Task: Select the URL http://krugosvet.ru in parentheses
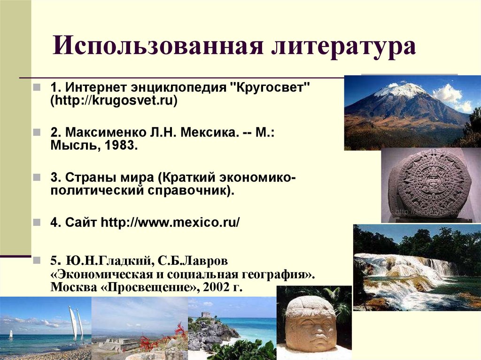(114, 100)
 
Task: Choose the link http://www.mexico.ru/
(171, 222)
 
